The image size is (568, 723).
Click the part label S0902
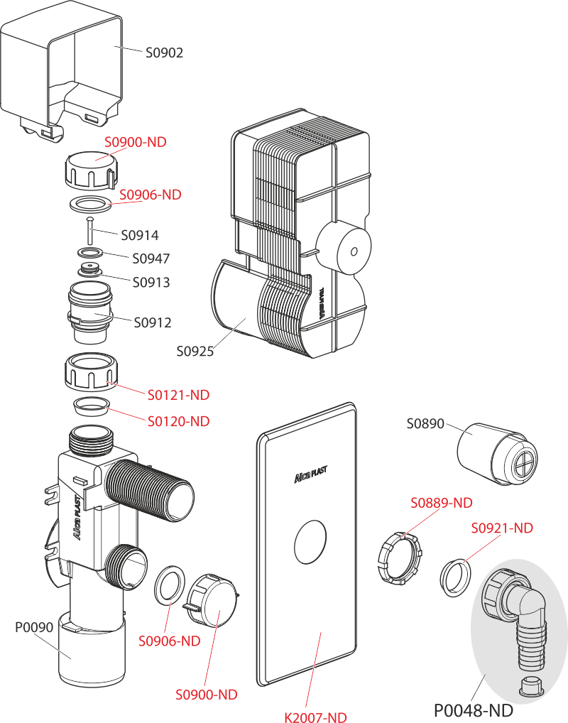pos(164,53)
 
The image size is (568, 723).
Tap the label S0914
pos(139,235)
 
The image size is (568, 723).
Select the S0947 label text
pos(151,259)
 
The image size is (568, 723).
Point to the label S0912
pos(153,322)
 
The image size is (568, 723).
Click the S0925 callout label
pos(195,351)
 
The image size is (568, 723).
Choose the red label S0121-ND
pos(178,394)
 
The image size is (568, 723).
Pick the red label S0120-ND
pos(178,421)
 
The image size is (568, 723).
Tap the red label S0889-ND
pos(442,503)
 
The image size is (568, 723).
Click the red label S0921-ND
pos(502,528)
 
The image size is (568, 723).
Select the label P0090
pos(34,627)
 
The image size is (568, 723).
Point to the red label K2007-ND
pos(316,716)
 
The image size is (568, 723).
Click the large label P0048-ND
pos(473,709)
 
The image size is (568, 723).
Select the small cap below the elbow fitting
pos(530,687)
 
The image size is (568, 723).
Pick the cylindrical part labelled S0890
pos(494,455)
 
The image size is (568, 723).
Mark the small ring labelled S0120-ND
pos(89,407)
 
